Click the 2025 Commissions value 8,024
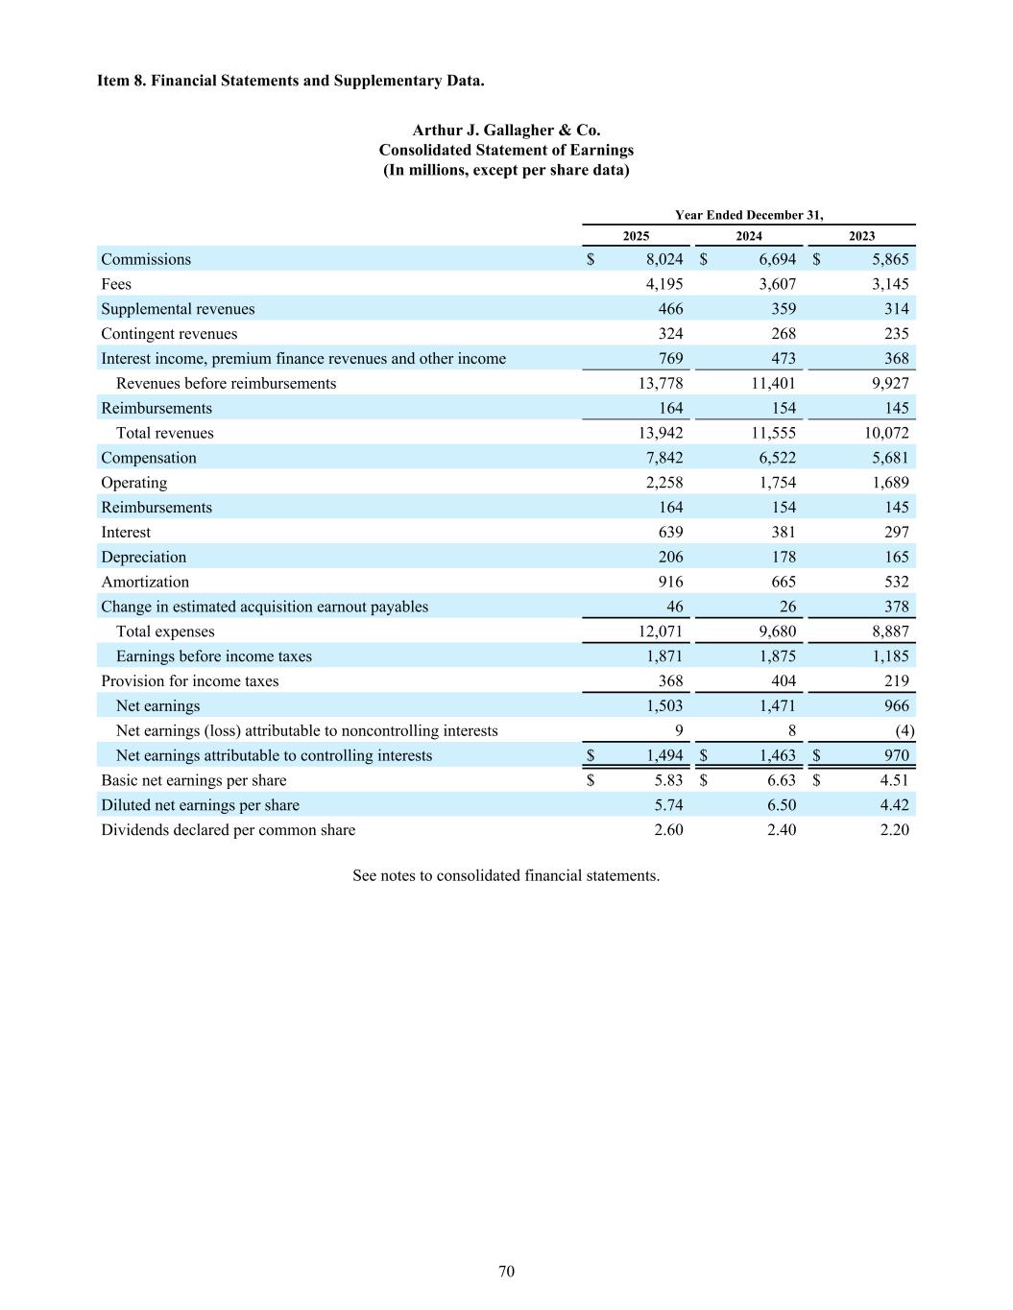(x=664, y=259)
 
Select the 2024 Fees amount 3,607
(x=777, y=284)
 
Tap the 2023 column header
(x=861, y=236)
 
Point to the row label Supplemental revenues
(x=178, y=309)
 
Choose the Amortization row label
(x=145, y=582)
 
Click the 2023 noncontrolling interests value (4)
(x=904, y=730)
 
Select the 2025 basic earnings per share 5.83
(x=668, y=780)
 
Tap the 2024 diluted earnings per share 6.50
(x=782, y=805)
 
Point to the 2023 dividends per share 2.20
(x=894, y=830)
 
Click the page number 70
(x=506, y=1272)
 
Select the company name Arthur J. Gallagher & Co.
(x=506, y=131)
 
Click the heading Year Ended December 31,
(x=749, y=215)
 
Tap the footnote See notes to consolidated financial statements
(x=506, y=875)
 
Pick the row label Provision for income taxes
(x=190, y=681)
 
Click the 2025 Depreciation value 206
(x=670, y=557)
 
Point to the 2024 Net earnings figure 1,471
(x=777, y=705)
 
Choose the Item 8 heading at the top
(x=290, y=81)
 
